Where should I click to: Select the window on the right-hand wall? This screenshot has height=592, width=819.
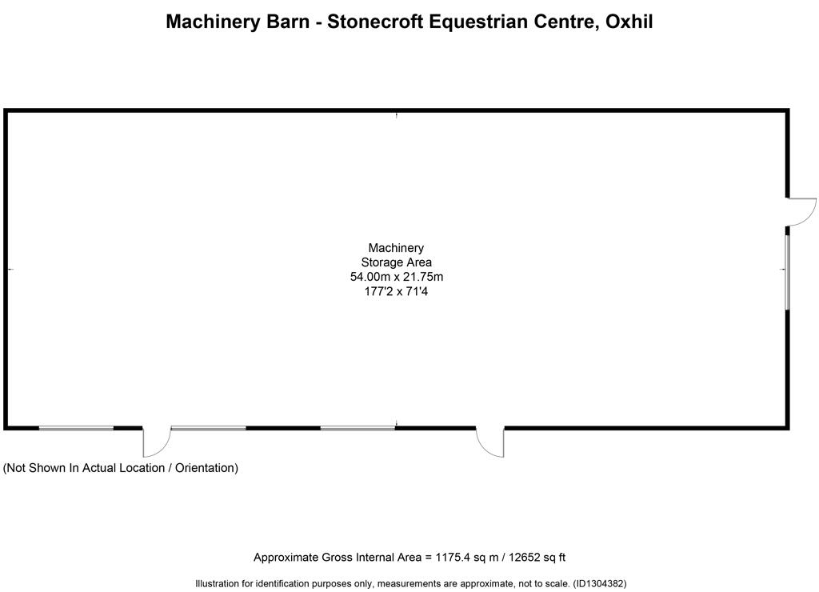click(788, 273)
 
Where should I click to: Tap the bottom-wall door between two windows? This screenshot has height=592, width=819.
click(157, 442)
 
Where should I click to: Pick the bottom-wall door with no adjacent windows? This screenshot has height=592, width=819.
click(490, 442)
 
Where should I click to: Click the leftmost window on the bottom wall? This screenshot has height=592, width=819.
click(76, 428)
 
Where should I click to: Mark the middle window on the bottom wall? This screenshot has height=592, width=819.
click(209, 428)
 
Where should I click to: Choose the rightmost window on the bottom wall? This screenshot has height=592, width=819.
click(358, 428)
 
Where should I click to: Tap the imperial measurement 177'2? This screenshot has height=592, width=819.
click(378, 291)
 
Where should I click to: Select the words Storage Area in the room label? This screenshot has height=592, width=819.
click(397, 262)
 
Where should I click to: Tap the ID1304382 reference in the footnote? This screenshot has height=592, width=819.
click(600, 583)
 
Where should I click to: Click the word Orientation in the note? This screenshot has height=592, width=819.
click(205, 468)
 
